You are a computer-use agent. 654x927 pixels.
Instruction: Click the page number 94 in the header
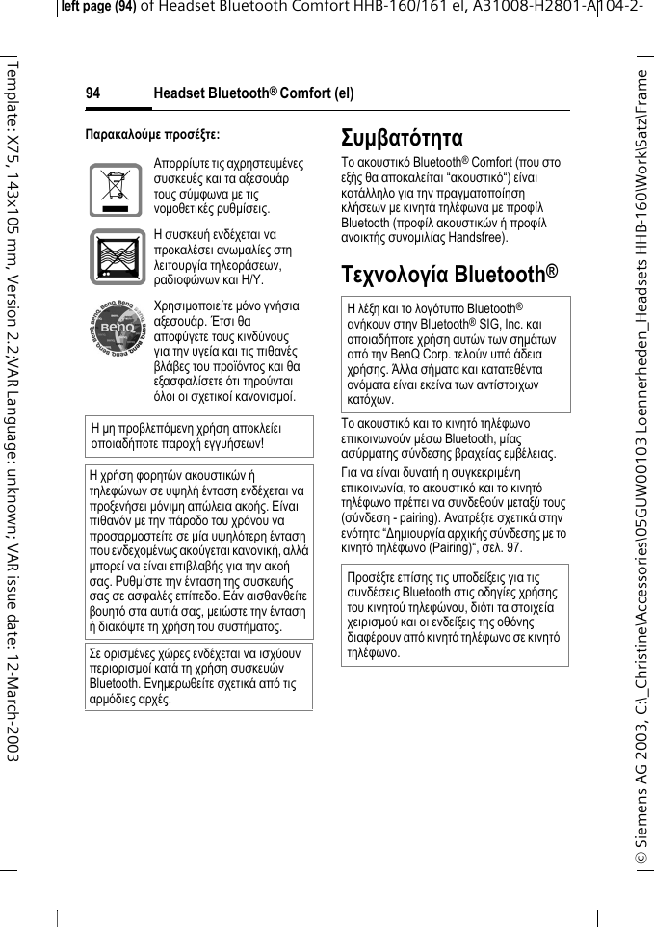(x=92, y=93)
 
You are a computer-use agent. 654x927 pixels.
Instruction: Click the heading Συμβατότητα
(x=403, y=138)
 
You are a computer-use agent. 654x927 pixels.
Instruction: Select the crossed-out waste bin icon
(x=116, y=189)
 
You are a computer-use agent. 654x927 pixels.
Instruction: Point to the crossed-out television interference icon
(x=116, y=257)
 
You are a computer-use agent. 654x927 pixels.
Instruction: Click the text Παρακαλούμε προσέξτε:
(x=152, y=132)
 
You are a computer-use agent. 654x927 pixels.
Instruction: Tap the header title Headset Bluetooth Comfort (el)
(x=253, y=93)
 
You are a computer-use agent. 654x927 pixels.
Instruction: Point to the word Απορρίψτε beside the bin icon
(x=181, y=165)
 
